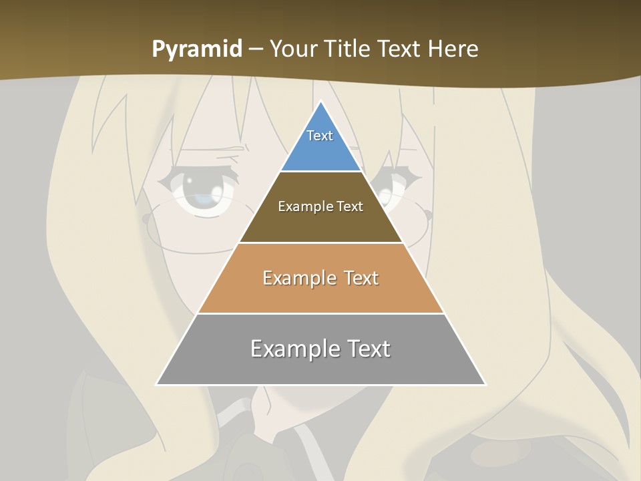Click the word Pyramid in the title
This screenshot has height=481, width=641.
pos(197,49)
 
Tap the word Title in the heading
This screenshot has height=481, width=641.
pos(352,49)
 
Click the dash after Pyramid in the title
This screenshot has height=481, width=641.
pos(256,49)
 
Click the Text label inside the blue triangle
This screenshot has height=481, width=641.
pos(320,136)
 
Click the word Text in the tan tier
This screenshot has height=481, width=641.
pos(361,278)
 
